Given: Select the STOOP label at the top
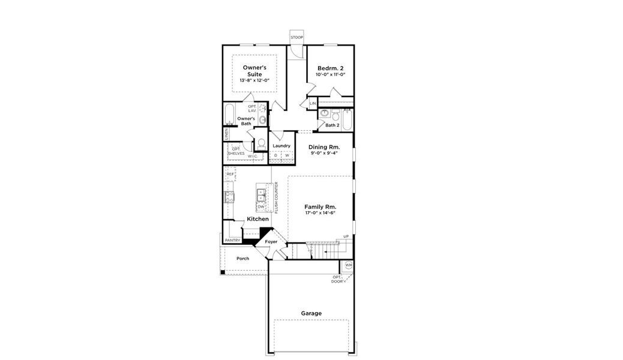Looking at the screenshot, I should (296, 38).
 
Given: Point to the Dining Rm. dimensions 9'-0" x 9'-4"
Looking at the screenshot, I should (324, 154).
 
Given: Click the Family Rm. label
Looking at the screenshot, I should (320, 206).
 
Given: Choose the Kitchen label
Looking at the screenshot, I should (257, 219).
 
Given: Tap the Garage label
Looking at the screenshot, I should (311, 313).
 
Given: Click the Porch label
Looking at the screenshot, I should (242, 259).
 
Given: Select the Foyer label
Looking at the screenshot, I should (271, 242).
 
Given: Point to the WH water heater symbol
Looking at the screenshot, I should (349, 265).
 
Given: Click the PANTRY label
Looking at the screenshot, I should (232, 241).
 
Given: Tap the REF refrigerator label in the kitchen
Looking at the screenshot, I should (230, 174).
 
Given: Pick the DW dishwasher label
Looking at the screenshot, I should (261, 206).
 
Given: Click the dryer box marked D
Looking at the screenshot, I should (275, 156).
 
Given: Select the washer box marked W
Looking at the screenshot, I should (287, 156).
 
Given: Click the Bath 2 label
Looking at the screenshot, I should (333, 125).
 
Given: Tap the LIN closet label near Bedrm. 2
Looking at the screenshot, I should (313, 104).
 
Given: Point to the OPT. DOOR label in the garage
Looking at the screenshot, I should (337, 279).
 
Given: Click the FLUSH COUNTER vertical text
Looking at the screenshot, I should (276, 197).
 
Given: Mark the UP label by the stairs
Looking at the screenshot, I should (346, 236).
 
